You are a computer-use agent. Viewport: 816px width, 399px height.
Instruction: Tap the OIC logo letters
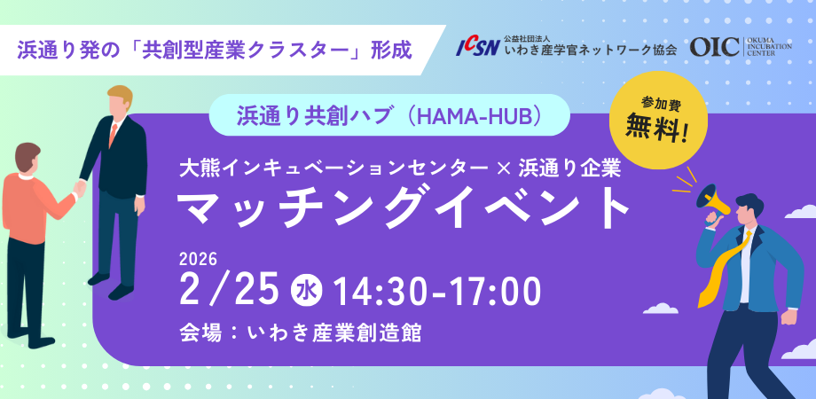coord(714,47)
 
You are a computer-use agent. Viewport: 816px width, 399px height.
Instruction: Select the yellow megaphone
coord(715,199)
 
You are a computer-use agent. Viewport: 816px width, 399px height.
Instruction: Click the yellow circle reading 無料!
coord(658,121)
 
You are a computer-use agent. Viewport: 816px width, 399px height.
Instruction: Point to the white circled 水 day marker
coord(307,291)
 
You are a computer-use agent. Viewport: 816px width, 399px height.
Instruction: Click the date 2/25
coord(228,291)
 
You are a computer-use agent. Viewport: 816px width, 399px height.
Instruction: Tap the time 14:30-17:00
coord(437,292)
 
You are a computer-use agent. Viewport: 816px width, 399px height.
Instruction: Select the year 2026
coord(198,258)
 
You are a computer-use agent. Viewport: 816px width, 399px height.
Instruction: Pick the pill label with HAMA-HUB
coord(389,115)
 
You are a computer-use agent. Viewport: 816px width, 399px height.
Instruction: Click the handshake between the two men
coord(79,187)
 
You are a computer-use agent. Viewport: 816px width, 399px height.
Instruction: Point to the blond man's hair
coord(121,95)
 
